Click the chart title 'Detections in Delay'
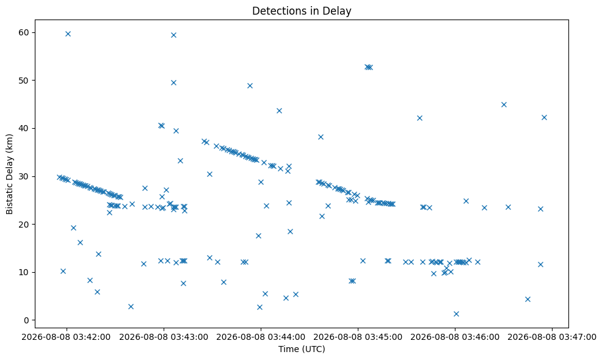[302, 11]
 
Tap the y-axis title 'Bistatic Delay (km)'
[9, 174]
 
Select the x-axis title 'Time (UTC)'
[302, 349]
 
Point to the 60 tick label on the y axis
[24, 32]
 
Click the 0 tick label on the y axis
[26, 320]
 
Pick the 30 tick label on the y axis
[24, 176]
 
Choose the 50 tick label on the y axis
[24, 81]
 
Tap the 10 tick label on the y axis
[24, 272]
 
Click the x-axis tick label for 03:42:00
[66, 337]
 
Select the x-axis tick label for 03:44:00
[261, 337]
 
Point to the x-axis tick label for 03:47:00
[552, 337]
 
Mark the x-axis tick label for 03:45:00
[358, 337]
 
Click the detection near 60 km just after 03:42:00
[68, 34]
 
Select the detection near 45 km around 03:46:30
[504, 104]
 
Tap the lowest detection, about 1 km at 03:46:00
[456, 314]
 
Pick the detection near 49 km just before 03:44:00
[250, 85]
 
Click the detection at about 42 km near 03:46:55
[544, 117]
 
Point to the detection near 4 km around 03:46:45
[528, 299]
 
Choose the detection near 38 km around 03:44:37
[321, 137]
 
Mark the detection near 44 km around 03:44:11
[279, 111]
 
